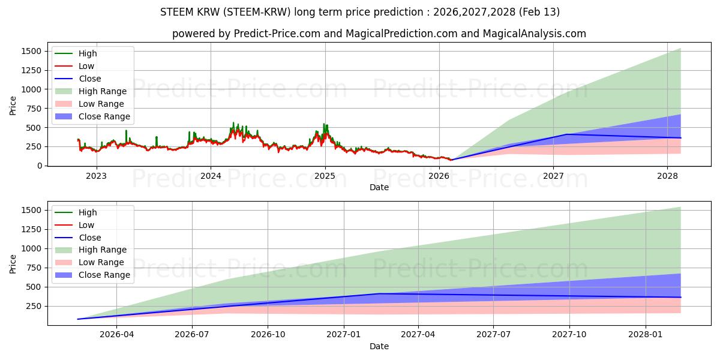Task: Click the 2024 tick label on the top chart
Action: click(x=211, y=176)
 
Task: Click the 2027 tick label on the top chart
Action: click(x=553, y=176)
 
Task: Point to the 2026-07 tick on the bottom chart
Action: click(x=192, y=334)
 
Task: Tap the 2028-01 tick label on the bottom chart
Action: click(x=646, y=334)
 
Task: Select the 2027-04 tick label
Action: click(x=418, y=334)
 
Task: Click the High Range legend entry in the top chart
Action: click(x=103, y=91)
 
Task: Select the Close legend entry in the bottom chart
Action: click(x=90, y=238)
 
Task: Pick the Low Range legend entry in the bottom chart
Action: click(x=101, y=262)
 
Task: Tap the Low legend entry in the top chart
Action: click(x=86, y=66)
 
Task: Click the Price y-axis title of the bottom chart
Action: click(x=13, y=263)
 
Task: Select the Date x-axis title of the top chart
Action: click(x=379, y=187)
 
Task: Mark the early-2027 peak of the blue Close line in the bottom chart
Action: click(x=379, y=293)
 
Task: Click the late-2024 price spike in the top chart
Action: click(x=324, y=125)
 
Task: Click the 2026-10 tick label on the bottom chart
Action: click(x=268, y=334)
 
